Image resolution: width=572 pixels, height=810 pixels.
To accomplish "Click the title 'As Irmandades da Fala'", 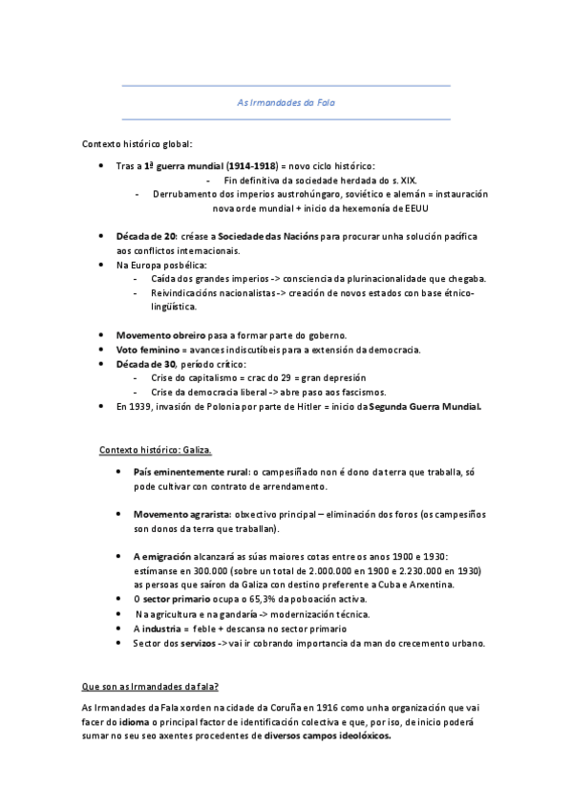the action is pos(286,102).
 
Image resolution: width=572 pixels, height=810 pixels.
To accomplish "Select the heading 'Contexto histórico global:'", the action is pos(137,144).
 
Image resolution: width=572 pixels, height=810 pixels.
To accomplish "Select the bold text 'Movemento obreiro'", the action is pos(157,335).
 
